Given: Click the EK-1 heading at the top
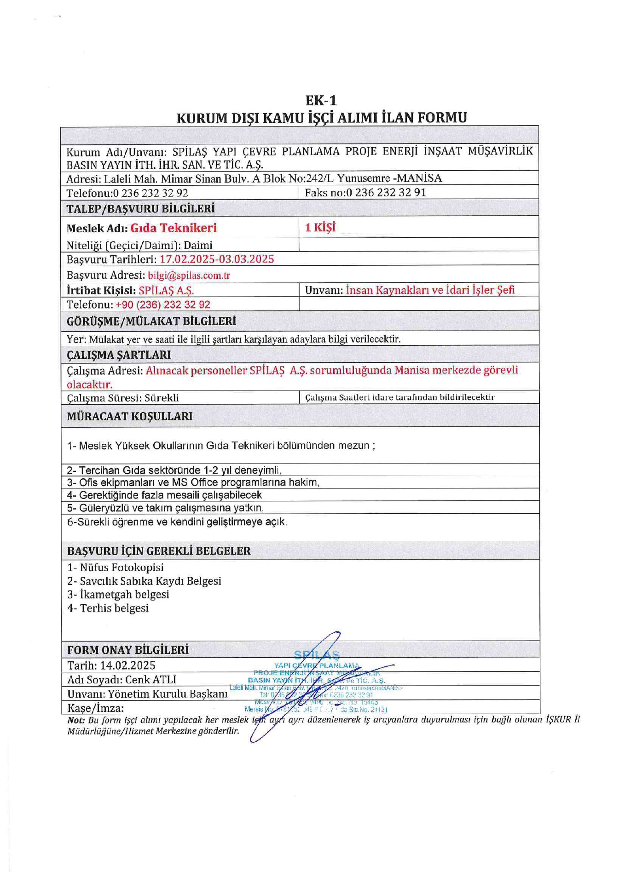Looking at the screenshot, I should (x=321, y=100).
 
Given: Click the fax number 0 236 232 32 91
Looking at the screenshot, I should (x=386, y=193).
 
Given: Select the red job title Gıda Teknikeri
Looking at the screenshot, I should (x=174, y=228).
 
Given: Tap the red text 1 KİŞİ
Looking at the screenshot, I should (x=320, y=227).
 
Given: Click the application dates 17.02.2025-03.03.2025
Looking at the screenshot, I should (x=217, y=259).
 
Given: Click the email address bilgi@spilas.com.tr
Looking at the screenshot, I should (x=189, y=275).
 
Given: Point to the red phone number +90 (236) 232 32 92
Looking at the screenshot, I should (x=163, y=304).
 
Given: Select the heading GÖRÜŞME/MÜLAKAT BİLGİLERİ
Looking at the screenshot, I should (x=151, y=321).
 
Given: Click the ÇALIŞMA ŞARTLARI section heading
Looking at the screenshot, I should (x=119, y=355).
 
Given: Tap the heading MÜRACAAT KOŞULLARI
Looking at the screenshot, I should (x=130, y=416).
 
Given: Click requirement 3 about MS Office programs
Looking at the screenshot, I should (x=193, y=482).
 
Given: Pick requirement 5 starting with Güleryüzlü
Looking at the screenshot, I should (x=166, y=508).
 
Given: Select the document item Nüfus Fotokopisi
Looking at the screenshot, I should (x=116, y=568).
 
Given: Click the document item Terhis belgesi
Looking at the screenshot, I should (x=108, y=608).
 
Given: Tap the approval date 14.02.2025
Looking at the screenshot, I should (x=127, y=665).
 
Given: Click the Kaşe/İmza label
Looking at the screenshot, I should (x=95, y=708).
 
